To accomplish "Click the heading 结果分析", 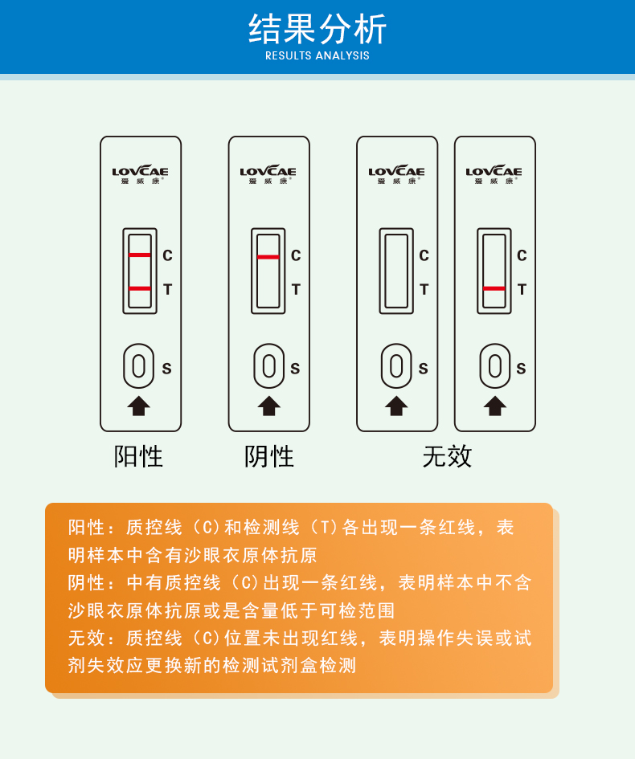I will point(317,29).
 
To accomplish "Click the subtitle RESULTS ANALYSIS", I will point(317,56).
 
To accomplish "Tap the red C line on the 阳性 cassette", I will point(140,255).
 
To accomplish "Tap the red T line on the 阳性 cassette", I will point(140,288).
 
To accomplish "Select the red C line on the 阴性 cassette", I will point(268,257).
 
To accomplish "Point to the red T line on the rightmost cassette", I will point(494,288).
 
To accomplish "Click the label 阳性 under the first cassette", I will point(139,457).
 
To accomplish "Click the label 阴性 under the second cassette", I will point(269,457).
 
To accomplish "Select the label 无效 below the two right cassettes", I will point(447,457).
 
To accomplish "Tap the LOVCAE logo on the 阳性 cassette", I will point(141,172).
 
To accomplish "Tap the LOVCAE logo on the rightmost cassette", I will point(494,172).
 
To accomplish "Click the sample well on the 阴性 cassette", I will point(269,366).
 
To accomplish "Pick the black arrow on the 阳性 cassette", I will point(139,406).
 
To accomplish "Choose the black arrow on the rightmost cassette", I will point(495,406).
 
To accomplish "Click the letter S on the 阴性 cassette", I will point(295,369).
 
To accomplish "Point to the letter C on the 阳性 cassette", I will point(167,256).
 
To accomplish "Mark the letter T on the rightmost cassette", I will point(522,290).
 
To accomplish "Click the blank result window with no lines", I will point(396,271).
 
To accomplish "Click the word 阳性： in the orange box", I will point(92,528).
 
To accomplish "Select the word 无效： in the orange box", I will point(92,639).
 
